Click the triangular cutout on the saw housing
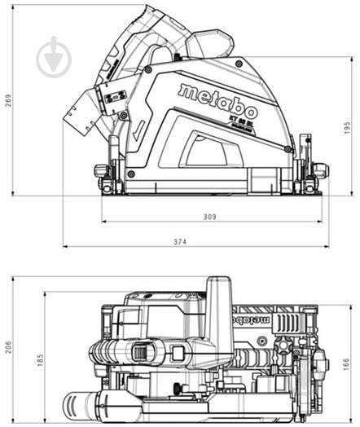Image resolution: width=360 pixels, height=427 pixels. (205, 151)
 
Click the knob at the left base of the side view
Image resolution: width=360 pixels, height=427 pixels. (102, 171)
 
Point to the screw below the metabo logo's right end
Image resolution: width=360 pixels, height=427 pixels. (287, 148)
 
